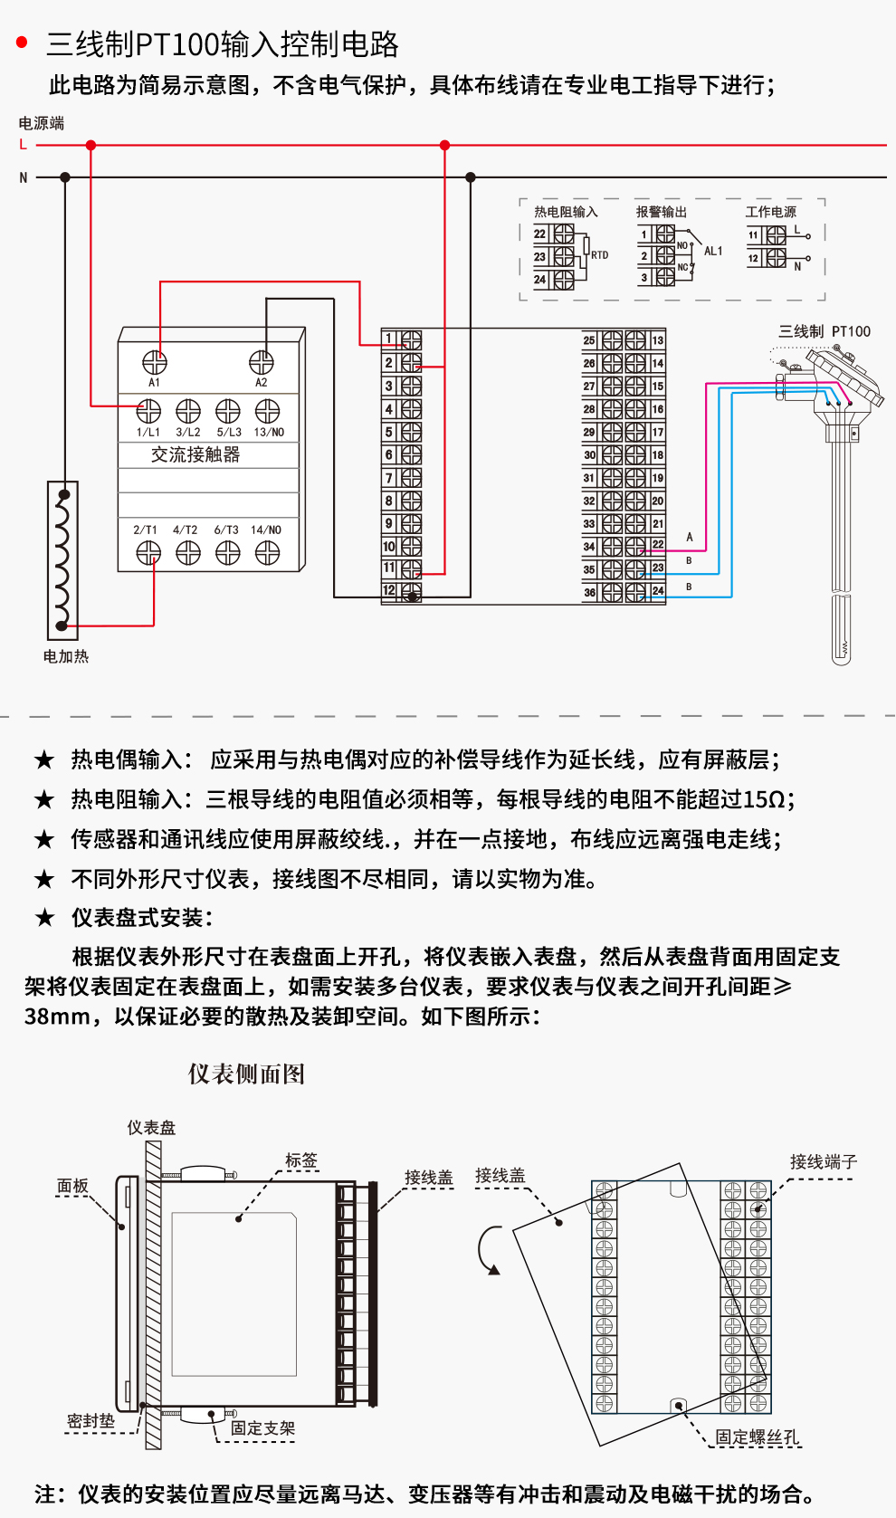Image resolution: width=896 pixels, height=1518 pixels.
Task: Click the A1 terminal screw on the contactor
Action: click(155, 362)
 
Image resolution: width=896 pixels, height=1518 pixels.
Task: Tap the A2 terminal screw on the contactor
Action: click(262, 362)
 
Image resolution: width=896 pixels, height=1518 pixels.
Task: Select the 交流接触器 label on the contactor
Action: click(195, 454)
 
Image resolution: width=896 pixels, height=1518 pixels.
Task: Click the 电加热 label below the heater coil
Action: click(66, 656)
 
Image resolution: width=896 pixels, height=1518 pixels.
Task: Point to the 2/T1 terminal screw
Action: click(148, 552)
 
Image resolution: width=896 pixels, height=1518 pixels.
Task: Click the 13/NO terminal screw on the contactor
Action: click(268, 412)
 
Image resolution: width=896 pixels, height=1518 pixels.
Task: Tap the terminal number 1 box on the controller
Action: click(389, 339)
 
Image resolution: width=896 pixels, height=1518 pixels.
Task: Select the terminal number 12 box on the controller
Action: click(389, 591)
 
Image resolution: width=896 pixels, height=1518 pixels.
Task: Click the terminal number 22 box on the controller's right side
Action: click(658, 545)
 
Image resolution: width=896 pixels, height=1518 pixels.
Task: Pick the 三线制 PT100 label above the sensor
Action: click(825, 331)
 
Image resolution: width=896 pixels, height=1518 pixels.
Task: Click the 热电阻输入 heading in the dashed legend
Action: click(566, 212)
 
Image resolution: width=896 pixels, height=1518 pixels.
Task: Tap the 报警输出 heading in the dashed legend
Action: click(662, 212)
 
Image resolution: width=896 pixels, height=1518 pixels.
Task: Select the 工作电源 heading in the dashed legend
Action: click(771, 212)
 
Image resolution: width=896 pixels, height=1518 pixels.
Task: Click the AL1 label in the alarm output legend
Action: click(713, 251)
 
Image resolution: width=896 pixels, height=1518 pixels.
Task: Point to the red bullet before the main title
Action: click(23, 43)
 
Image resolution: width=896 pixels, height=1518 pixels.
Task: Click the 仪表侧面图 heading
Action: click(246, 1074)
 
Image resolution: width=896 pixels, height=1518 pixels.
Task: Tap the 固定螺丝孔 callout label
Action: click(758, 1437)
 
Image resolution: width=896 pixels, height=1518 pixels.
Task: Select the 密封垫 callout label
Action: click(91, 1420)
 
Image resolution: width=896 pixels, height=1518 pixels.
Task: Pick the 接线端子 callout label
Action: click(823, 1161)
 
